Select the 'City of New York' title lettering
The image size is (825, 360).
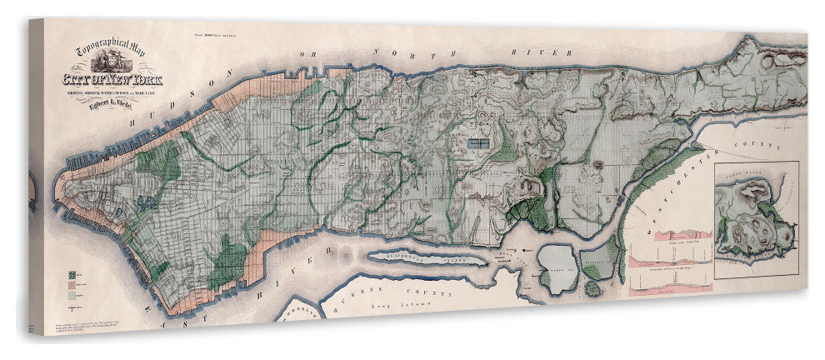tap(113, 80)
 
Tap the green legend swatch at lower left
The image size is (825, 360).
tap(74, 272)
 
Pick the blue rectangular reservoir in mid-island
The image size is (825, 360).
tap(477, 143)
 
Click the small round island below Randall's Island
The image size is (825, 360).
tap(591, 288)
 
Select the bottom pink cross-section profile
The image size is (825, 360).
tap(672, 287)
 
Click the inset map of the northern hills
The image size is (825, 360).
tap(756, 221)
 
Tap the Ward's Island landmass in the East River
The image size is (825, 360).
tap(554, 268)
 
